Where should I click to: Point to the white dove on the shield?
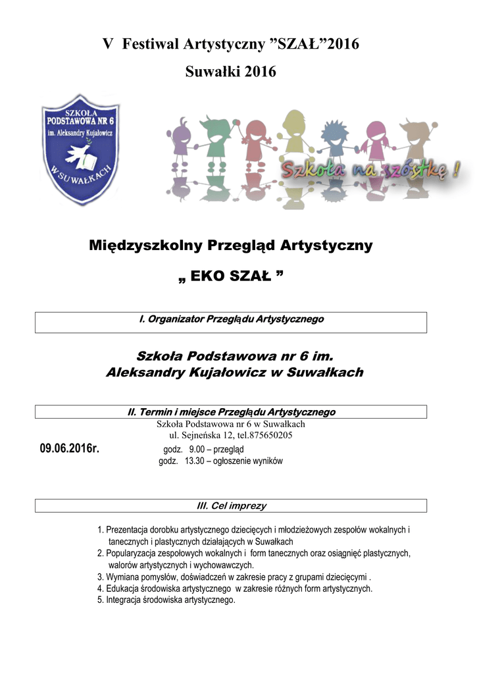pos(78,155)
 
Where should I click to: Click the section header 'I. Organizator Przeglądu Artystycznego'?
pos(231,319)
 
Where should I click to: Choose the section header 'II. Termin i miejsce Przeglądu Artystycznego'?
pos(231,412)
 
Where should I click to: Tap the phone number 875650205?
pos(270,435)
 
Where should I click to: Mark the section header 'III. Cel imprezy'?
pos(232,506)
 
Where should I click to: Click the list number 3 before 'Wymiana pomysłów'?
pos(100,577)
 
